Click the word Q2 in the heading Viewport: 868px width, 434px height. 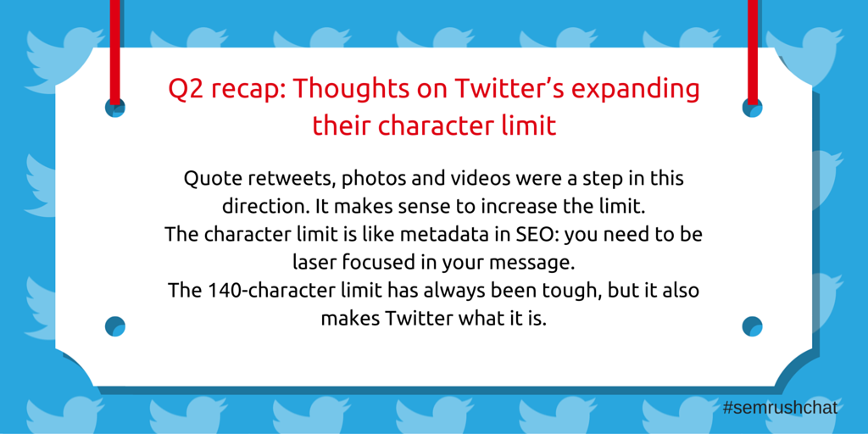[x=184, y=90]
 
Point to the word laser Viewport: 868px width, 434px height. [x=313, y=263]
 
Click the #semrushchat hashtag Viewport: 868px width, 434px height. [x=780, y=409]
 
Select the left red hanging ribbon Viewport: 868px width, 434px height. [x=114, y=52]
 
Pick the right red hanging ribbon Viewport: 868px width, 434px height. [x=753, y=52]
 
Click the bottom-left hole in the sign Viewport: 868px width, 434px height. [x=115, y=326]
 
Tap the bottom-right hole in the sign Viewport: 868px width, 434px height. [x=753, y=326]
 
